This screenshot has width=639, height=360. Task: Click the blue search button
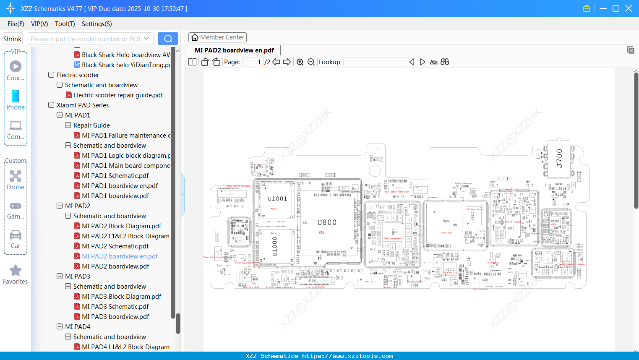(168, 39)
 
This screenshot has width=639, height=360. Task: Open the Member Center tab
(217, 37)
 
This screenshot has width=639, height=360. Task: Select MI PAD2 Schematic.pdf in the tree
(115, 246)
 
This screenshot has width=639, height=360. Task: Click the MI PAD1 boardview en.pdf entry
(120, 186)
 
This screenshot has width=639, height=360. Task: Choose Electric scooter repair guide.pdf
(118, 95)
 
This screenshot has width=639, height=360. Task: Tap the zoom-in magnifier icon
(300, 62)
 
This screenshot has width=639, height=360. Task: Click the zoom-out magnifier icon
(311, 62)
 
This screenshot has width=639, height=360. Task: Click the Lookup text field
(374, 62)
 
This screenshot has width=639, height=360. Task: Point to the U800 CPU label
(327, 223)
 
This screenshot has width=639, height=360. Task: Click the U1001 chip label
(277, 199)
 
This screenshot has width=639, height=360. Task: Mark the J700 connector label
(559, 158)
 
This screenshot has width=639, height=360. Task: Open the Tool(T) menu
(65, 24)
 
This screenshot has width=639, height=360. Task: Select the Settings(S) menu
(97, 24)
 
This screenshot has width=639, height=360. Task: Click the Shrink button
(12, 39)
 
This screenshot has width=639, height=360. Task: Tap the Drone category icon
(16, 176)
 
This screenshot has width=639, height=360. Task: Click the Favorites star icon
(16, 271)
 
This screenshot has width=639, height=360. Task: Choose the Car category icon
(16, 235)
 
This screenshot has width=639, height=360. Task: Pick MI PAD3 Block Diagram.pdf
(121, 297)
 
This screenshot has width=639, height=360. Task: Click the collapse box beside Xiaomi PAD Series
(51, 105)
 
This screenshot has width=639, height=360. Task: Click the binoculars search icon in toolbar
(445, 62)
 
